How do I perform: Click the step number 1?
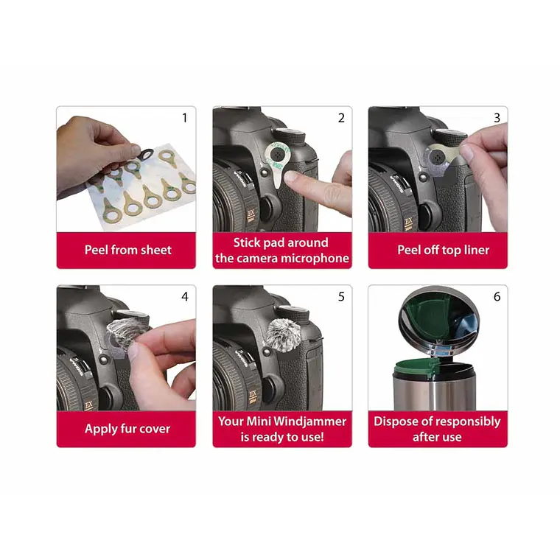[185, 118]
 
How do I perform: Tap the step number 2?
[341, 118]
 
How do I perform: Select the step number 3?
[497, 118]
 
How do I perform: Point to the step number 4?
[185, 296]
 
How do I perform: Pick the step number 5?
[341, 296]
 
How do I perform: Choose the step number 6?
[497, 296]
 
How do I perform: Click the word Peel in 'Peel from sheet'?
[97, 250]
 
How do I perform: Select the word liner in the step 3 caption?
[477, 250]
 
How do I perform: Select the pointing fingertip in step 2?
[291, 176]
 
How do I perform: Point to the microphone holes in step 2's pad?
[278, 155]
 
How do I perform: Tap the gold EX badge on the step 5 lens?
[252, 394]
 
